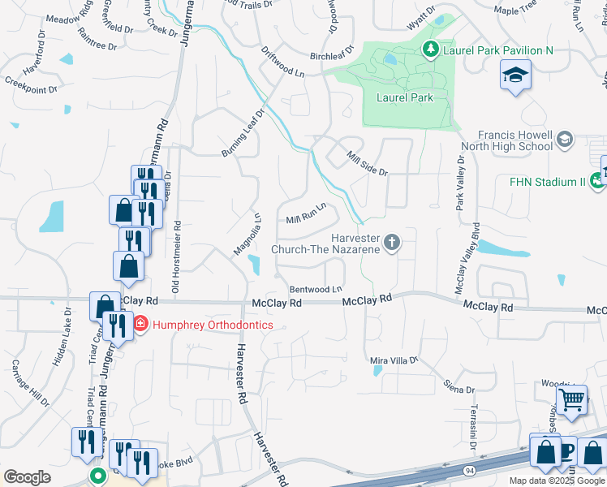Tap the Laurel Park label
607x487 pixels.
pyautogui.click(x=404, y=97)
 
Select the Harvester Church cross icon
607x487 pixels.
pyautogui.click(x=392, y=242)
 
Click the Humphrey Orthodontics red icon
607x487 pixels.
pyautogui.click(x=140, y=325)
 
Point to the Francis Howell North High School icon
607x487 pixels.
pyautogui.click(x=565, y=140)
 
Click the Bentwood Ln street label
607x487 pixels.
pyautogui.click(x=316, y=289)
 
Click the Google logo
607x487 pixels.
pyautogui.click(x=27, y=477)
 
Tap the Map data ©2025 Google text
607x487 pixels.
pyautogui.click(x=557, y=481)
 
